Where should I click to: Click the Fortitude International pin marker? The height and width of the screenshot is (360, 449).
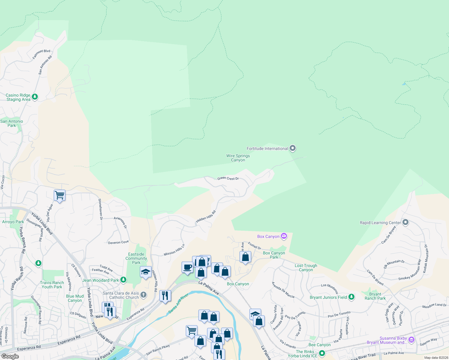click(x=293, y=148)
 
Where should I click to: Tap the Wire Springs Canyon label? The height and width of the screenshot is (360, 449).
click(x=238, y=158)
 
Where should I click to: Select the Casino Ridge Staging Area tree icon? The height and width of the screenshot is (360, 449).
click(x=35, y=97)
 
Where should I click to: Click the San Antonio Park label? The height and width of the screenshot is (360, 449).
click(x=12, y=123)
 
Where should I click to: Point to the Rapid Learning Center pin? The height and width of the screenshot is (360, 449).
click(x=405, y=222)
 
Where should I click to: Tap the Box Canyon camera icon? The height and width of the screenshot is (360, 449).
click(x=284, y=236)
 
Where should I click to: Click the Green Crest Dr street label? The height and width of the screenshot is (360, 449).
click(x=228, y=178)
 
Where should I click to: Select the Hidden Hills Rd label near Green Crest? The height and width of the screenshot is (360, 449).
click(x=206, y=217)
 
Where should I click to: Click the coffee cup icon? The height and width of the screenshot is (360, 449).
click(x=188, y=267)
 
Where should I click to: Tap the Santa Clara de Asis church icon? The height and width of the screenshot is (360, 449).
click(x=143, y=295)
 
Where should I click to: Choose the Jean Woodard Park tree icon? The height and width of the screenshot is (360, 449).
click(x=123, y=280)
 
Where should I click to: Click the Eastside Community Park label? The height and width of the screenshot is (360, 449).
click(x=136, y=258)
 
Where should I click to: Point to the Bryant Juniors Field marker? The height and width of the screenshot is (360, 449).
click(x=351, y=297)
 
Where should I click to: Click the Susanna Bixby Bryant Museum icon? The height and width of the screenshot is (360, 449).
click(x=411, y=340)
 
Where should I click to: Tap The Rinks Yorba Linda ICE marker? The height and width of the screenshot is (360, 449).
click(x=322, y=353)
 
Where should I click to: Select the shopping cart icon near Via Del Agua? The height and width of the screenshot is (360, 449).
click(x=59, y=195)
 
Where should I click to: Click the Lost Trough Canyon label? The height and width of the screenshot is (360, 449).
click(x=306, y=268)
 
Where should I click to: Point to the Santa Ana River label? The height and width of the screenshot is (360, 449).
click(x=178, y=303)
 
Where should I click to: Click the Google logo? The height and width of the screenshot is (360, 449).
click(x=10, y=356)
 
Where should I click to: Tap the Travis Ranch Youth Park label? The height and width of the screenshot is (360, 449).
click(x=52, y=285)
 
